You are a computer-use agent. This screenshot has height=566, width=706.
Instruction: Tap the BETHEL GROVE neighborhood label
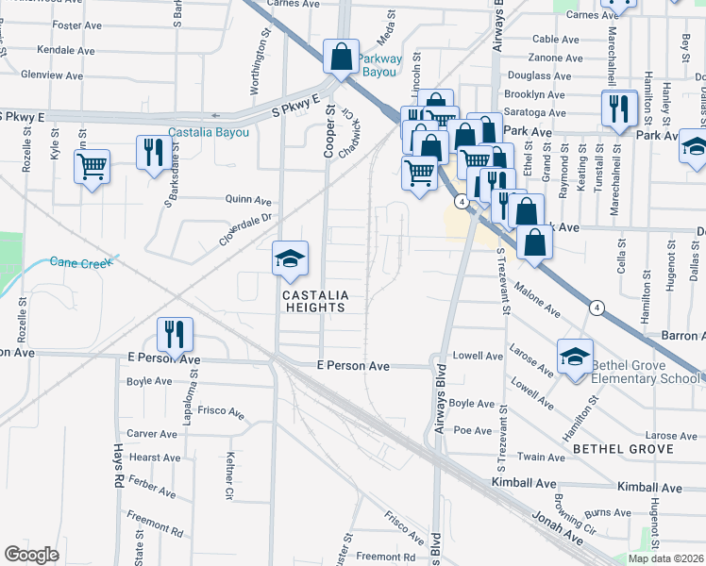624,449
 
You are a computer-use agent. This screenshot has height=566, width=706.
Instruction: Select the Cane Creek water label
79,262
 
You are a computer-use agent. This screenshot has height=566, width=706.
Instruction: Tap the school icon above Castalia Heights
290,258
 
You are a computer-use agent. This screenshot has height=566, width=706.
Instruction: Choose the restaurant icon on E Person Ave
175,333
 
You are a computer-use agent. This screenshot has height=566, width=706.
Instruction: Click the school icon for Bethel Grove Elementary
574,356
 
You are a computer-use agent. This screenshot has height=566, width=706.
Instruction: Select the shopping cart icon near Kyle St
92,168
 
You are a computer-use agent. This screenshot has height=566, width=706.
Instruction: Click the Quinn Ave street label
248,201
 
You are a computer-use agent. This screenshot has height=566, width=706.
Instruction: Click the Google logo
31,555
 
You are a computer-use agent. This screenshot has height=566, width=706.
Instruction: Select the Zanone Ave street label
557,58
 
